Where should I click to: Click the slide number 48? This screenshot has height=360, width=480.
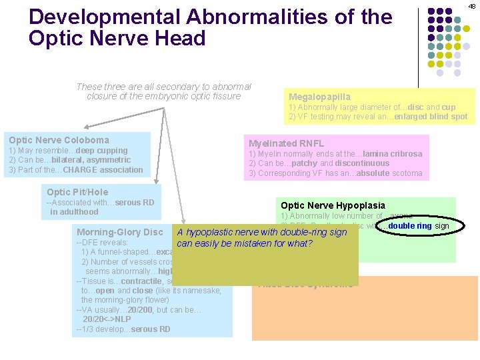click(x=471, y=6)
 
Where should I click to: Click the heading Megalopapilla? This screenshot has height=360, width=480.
click(x=319, y=97)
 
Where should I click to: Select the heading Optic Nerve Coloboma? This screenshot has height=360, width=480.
click(x=59, y=140)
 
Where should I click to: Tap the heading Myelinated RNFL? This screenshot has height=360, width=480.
click(x=286, y=143)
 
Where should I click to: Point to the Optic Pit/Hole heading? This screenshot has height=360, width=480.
click(x=77, y=192)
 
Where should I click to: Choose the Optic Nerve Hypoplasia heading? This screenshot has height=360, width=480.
click(x=333, y=206)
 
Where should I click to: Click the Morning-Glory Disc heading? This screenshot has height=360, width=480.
click(x=120, y=232)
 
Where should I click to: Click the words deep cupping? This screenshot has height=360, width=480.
click(x=103, y=151)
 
